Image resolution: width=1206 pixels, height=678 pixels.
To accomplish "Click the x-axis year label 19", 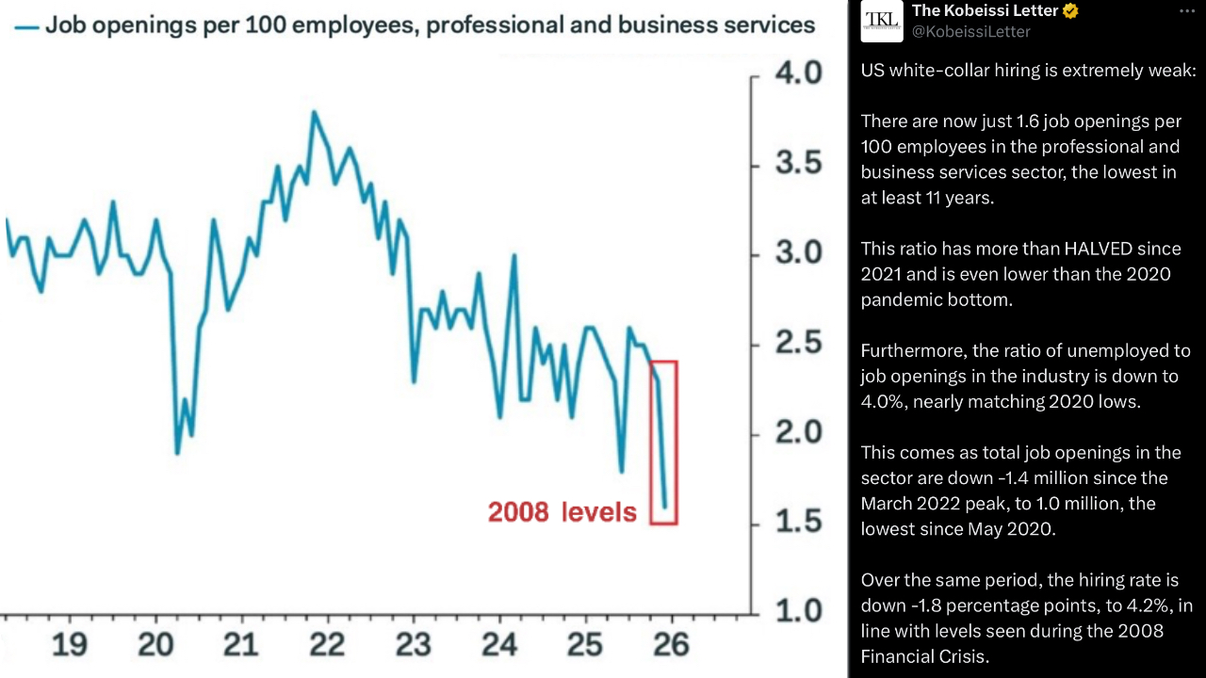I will click(70, 645).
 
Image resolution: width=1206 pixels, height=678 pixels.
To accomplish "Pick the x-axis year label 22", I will click(327, 645).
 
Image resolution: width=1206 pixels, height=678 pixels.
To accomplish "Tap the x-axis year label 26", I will click(671, 645).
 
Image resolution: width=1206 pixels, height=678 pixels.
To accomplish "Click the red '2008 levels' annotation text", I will click(562, 512).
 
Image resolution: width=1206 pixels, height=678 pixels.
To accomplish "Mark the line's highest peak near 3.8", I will click(314, 112).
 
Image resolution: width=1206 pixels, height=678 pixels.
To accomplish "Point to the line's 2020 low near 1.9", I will click(177, 453).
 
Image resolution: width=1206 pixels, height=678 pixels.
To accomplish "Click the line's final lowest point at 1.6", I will click(664, 508).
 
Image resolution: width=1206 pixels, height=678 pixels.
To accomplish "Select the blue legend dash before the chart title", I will click(26, 26).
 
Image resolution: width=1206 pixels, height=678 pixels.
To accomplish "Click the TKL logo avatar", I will click(882, 21).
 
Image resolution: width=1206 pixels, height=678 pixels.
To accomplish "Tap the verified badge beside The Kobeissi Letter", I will click(1070, 11).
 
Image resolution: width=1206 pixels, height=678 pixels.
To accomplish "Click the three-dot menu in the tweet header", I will click(1186, 11).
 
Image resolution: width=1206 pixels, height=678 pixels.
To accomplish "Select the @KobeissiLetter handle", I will click(970, 32).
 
